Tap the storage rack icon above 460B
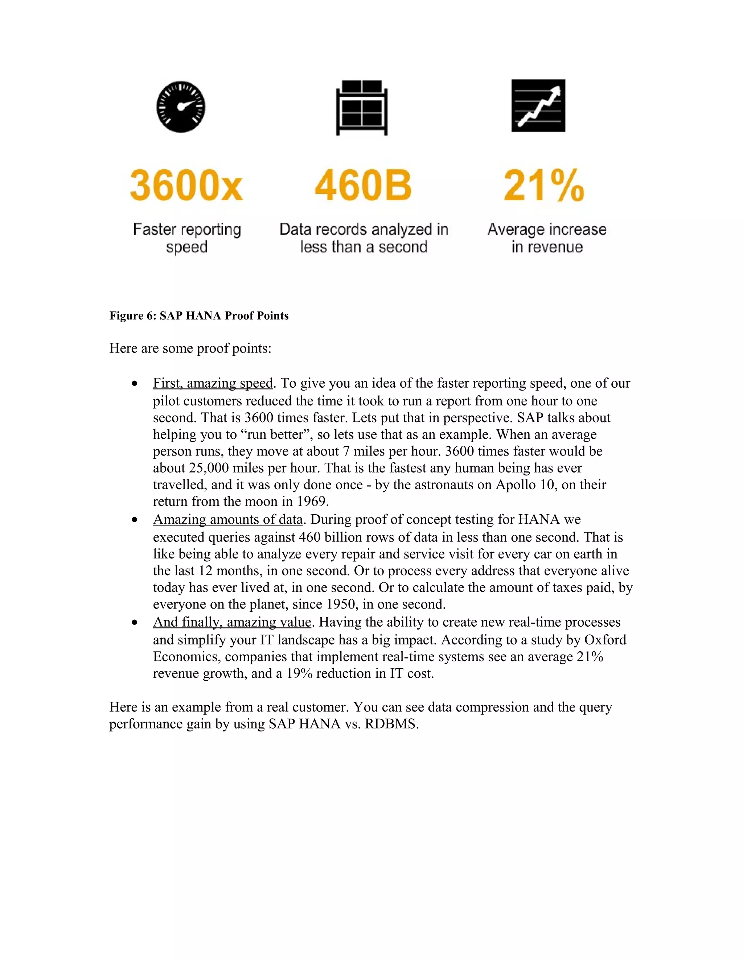(x=362, y=108)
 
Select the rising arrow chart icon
(x=538, y=106)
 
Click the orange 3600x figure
(x=186, y=185)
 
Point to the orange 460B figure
(x=363, y=185)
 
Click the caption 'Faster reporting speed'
(x=187, y=238)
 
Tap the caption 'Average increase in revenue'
(x=547, y=238)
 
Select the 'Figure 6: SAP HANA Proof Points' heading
(x=199, y=316)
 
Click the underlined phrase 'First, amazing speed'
(x=213, y=383)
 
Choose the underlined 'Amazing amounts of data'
(x=227, y=520)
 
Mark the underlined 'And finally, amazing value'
(x=232, y=622)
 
